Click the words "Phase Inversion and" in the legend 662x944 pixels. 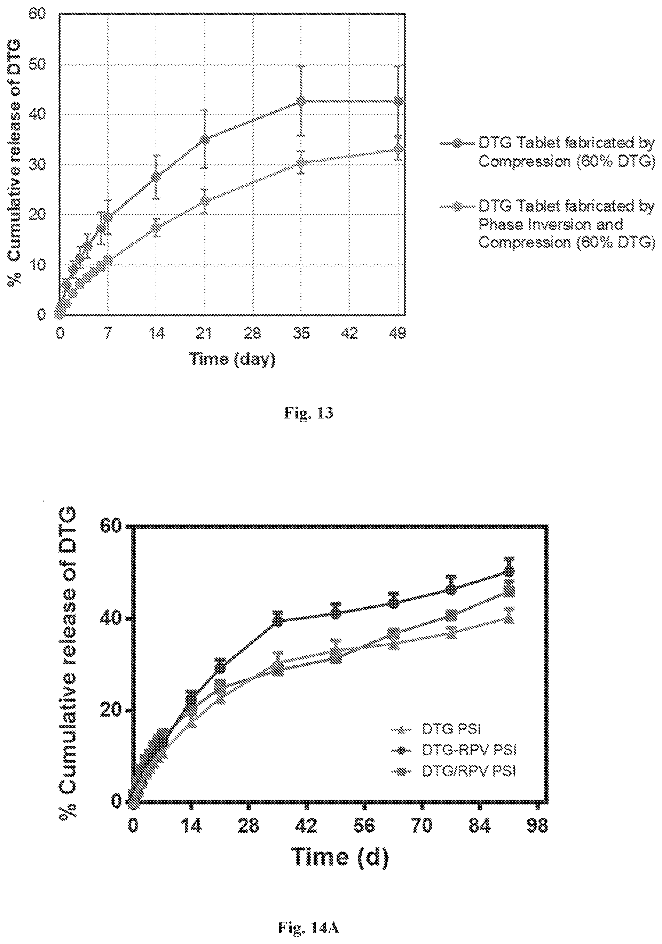(x=551, y=224)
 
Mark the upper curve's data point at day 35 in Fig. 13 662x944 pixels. (x=301, y=101)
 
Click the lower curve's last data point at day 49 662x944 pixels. (x=398, y=149)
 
